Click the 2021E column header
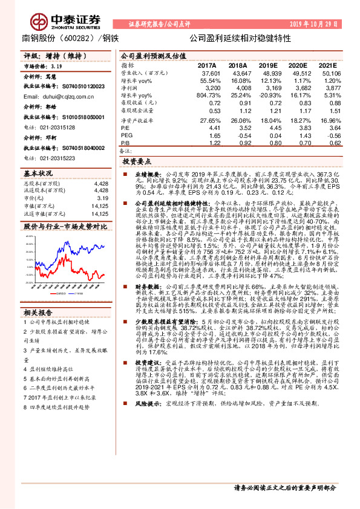point(327,65)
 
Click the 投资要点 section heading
point(136,163)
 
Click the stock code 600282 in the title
point(74,37)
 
